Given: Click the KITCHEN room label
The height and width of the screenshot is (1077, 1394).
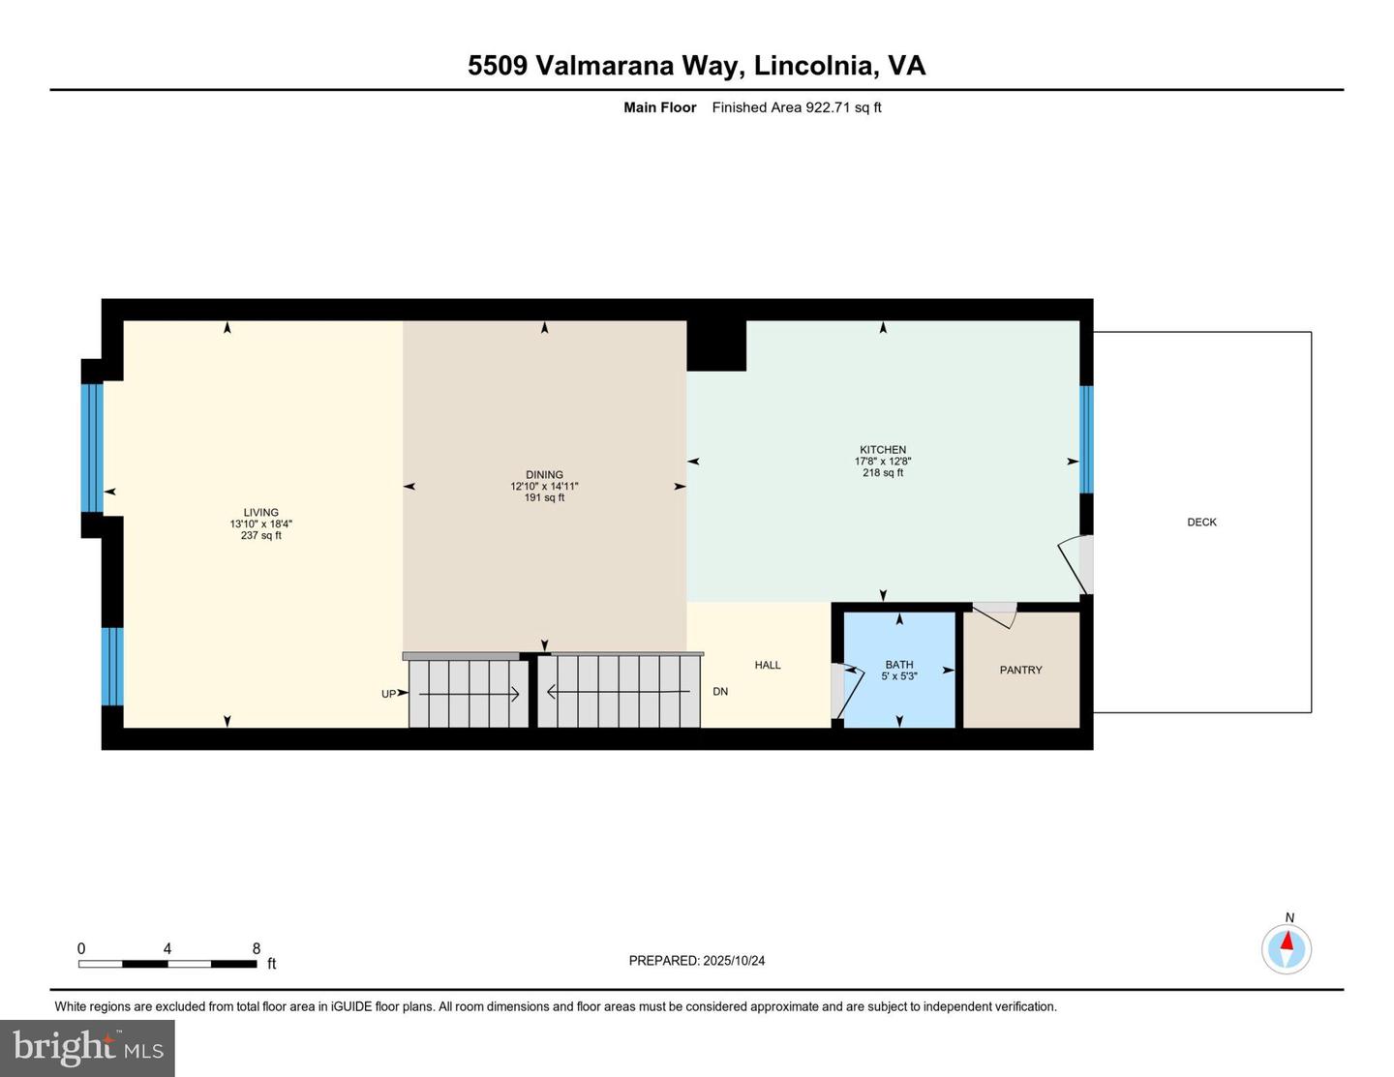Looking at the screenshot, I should point(882,450).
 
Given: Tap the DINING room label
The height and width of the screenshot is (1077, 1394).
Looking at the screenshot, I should point(544,475).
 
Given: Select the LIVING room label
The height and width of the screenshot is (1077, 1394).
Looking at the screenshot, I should point(260,513).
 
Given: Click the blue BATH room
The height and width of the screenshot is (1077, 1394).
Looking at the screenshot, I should point(899,670).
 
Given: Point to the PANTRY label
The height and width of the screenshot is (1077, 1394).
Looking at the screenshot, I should point(1020,670).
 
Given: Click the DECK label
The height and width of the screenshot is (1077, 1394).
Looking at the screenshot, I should point(1201,523).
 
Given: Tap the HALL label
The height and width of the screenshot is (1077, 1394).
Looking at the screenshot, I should point(767,665).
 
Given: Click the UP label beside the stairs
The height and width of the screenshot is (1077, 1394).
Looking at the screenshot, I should point(388,694).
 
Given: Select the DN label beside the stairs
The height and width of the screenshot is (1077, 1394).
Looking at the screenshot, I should point(720,692).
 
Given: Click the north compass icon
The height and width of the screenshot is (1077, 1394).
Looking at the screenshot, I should point(1287,948).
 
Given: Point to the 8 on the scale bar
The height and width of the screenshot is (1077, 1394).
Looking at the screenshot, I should point(257,949).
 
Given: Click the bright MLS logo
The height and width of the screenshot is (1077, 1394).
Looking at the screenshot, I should point(87,1048).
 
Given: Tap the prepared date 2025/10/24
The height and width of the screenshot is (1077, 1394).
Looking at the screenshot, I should point(734,961).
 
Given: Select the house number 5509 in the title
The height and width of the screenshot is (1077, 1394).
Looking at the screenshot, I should point(497,66).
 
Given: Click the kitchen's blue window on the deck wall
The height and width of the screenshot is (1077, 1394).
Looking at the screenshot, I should point(1086,439).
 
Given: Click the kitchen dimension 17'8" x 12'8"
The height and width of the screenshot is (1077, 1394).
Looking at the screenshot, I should point(882,462).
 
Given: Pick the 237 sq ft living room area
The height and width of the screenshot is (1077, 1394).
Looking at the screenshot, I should point(260,536).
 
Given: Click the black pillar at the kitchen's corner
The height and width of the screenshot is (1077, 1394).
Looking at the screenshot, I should point(716,345).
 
